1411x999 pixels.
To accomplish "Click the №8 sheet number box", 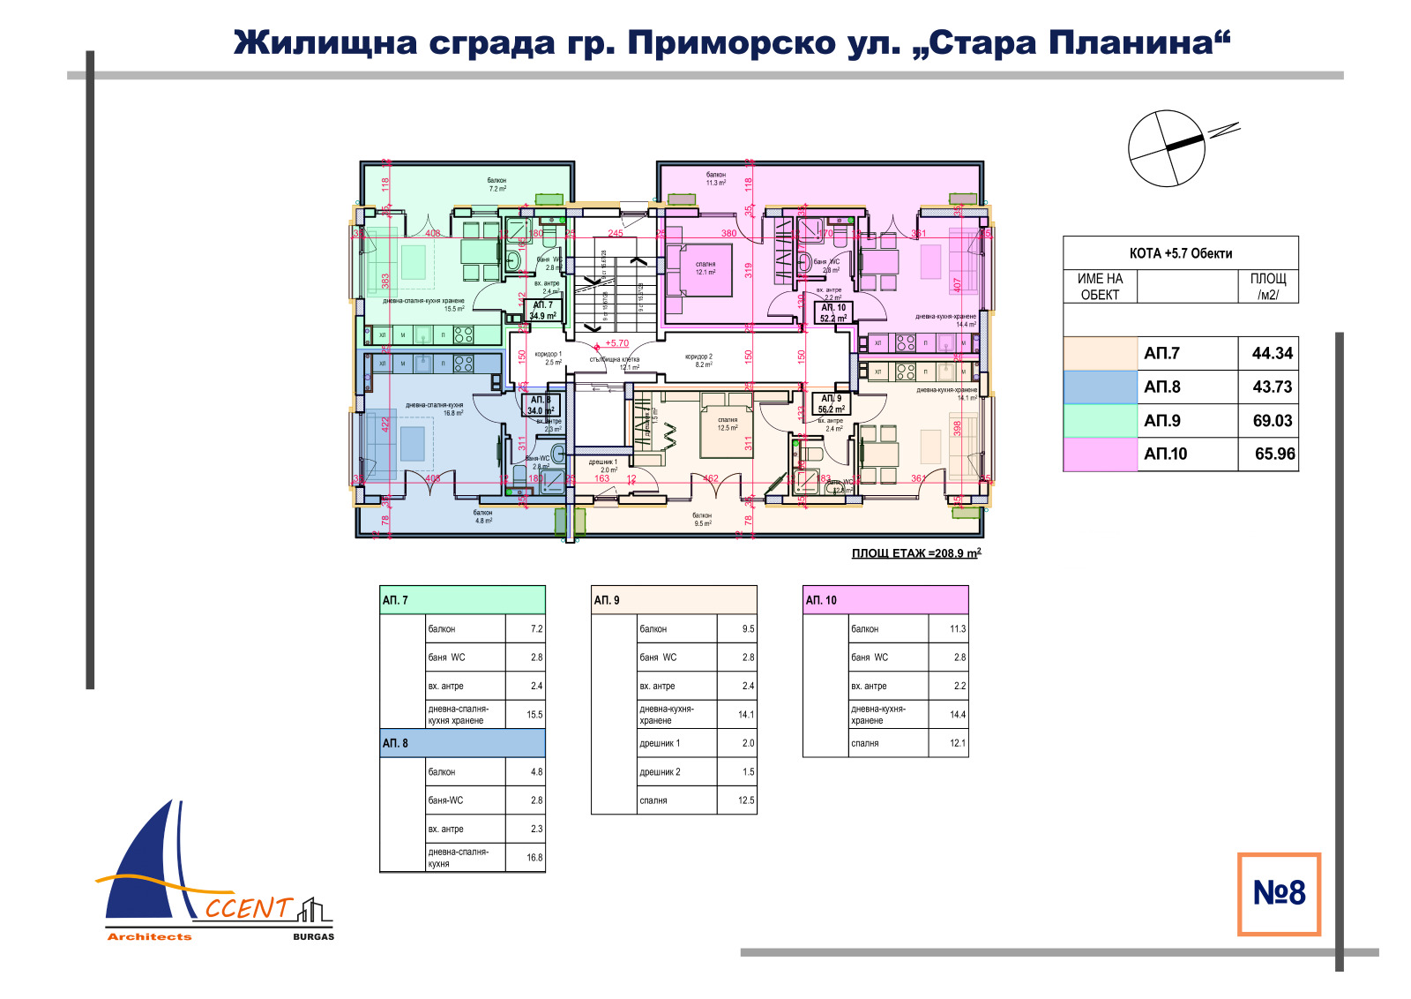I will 1279,893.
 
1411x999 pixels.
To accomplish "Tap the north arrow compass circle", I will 1166,148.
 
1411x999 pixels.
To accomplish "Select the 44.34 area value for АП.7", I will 1272,353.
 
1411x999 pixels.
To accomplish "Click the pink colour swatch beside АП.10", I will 1100,454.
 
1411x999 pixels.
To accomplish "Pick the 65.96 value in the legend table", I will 1274,454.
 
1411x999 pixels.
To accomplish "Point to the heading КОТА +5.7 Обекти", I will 1180,253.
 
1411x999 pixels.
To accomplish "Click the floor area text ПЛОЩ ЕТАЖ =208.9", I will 915,553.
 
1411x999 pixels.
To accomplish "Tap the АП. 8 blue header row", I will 462,743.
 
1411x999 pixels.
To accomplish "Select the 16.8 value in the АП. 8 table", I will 534,858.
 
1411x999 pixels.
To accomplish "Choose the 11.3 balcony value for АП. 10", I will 957,629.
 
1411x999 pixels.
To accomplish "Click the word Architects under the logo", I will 149,937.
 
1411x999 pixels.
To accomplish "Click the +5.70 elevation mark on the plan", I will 616,343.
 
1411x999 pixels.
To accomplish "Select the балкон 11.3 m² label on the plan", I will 715,179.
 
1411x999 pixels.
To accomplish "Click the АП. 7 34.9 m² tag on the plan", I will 542,311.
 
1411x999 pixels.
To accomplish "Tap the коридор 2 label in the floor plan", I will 698,360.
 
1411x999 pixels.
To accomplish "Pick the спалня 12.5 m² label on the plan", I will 728,424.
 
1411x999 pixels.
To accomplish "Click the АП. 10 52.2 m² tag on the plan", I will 833,312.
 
